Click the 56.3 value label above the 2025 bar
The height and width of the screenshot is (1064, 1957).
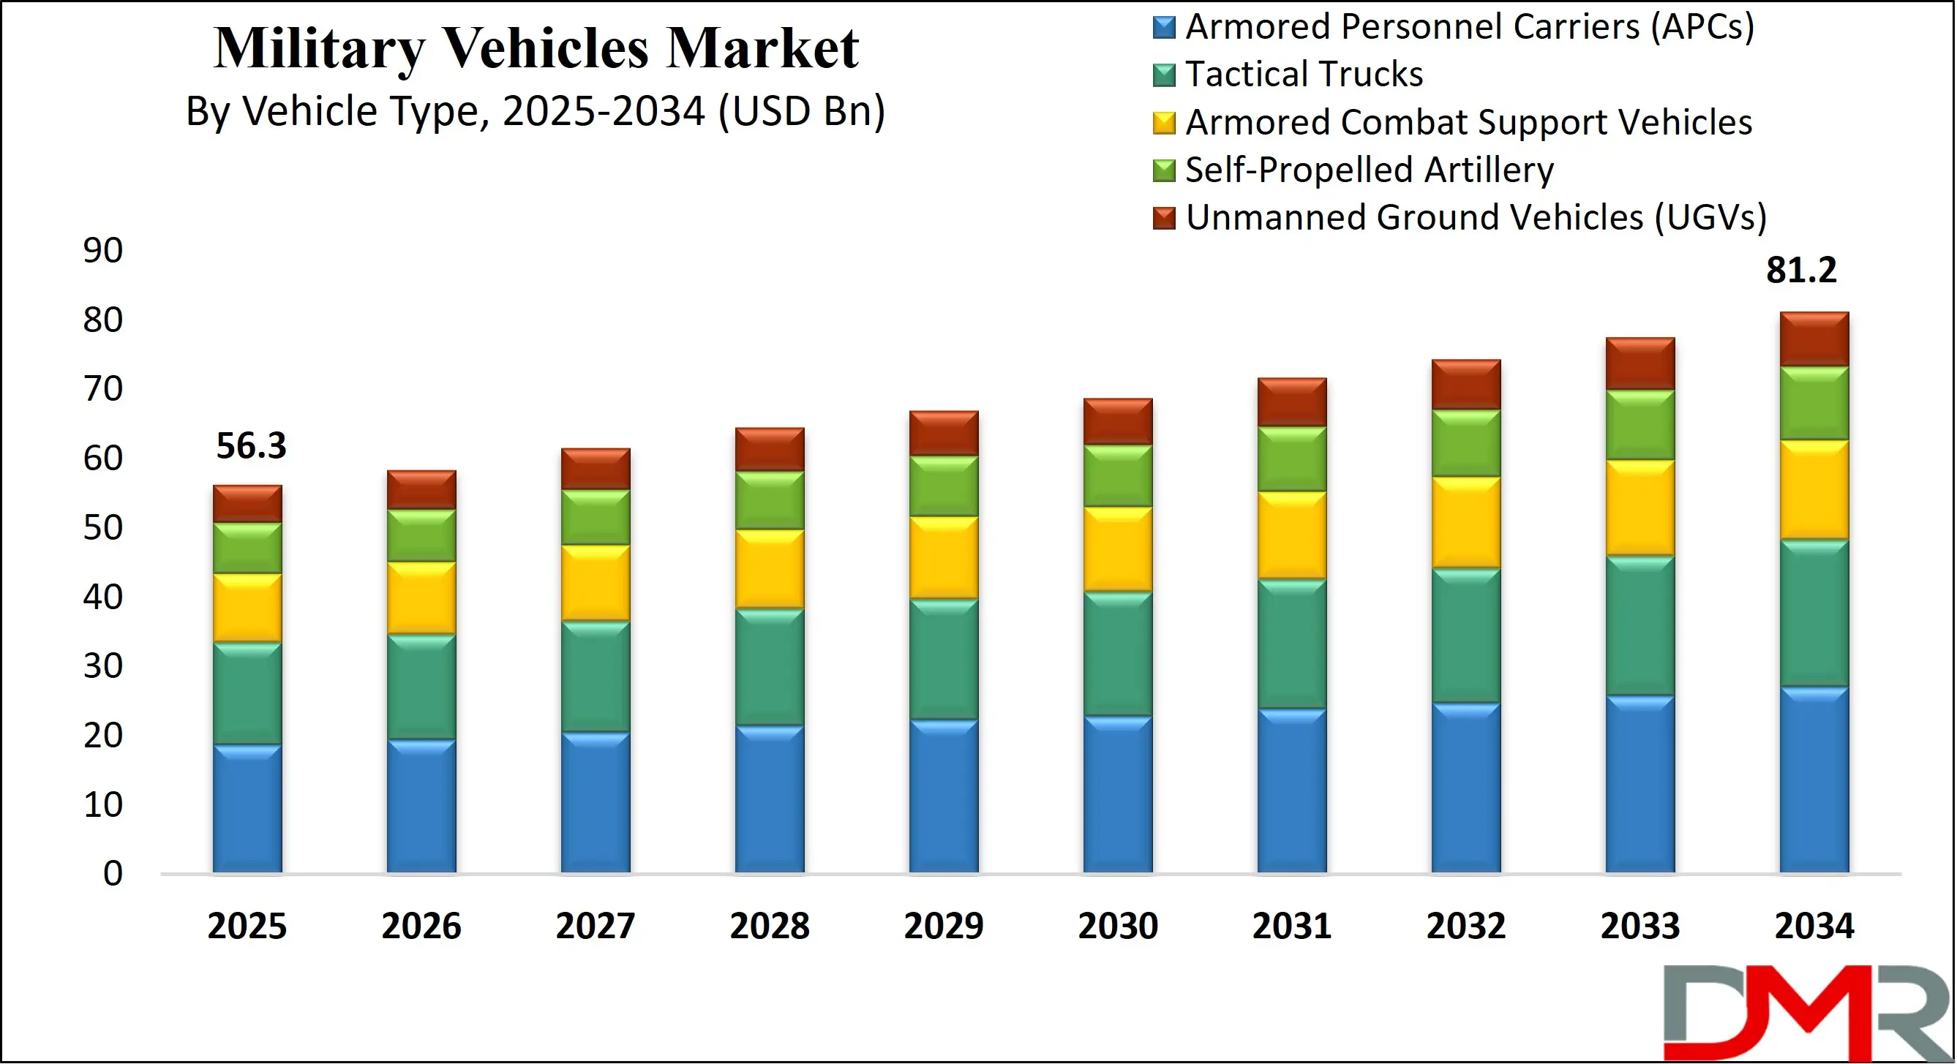click(x=251, y=446)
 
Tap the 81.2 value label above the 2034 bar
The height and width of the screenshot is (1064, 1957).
click(x=1800, y=271)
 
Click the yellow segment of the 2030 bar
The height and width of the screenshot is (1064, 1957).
click(x=1118, y=549)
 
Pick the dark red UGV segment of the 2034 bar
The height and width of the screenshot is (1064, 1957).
click(x=1814, y=339)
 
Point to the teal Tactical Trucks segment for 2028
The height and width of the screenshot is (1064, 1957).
click(x=770, y=667)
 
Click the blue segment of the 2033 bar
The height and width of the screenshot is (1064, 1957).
click(x=1640, y=784)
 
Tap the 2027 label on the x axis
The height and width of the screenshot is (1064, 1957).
click(x=595, y=927)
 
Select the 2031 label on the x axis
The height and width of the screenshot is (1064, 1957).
click(x=1291, y=927)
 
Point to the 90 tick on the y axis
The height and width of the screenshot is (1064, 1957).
click(x=102, y=251)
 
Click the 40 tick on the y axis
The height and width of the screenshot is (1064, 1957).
click(x=102, y=597)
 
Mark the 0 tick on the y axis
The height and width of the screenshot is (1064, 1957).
click(x=113, y=874)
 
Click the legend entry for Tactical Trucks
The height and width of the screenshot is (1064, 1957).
click(x=1303, y=75)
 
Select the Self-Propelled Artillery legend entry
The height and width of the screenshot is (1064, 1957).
click(x=1368, y=170)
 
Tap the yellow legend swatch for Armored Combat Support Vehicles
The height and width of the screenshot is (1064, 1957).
click(x=1163, y=123)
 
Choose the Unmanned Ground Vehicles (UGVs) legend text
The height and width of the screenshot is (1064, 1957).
click(x=1476, y=218)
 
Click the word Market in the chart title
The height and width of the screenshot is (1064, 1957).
click(x=762, y=48)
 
